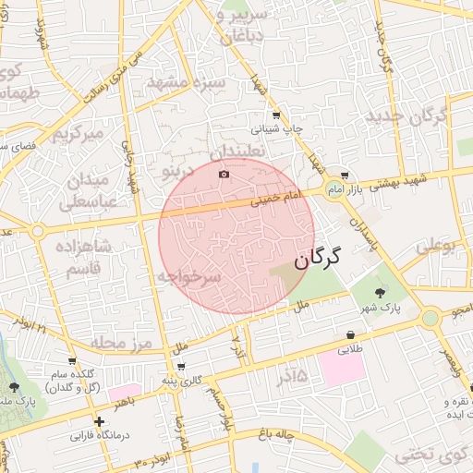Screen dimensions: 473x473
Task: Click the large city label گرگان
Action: [318, 258]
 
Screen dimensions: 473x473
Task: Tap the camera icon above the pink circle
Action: [224, 174]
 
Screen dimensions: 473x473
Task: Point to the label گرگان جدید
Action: [406, 116]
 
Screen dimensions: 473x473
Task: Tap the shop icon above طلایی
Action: [351, 334]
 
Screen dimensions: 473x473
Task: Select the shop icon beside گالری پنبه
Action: [193, 367]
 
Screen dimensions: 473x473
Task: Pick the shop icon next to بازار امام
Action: [345, 176]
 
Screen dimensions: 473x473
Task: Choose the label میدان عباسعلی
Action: [90, 189]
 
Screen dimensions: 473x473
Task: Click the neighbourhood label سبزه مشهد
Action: [186, 83]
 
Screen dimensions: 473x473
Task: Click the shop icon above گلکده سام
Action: [72, 360]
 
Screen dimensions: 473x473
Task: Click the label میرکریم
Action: [74, 135]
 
